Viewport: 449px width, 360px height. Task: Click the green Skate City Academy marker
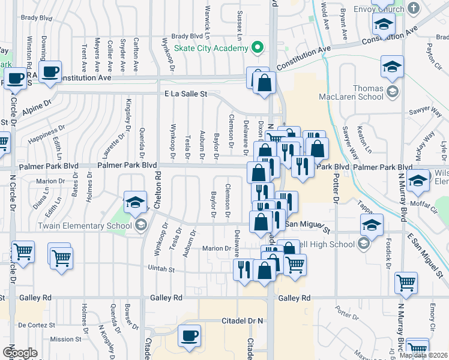[258, 47]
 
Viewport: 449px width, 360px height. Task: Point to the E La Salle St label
[185, 94]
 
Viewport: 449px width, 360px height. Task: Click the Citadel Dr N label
[243, 321]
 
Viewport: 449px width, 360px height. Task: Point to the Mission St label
[61, 339]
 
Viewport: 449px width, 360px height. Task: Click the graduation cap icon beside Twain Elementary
[135, 202]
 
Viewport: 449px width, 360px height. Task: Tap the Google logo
[20, 353]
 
